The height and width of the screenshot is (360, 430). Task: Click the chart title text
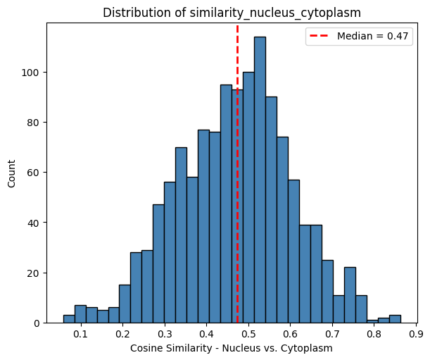pyautogui.click(x=237, y=12)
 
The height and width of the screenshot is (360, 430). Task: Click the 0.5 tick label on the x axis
pyautogui.click(x=248, y=334)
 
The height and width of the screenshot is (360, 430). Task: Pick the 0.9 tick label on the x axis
pyautogui.click(x=415, y=334)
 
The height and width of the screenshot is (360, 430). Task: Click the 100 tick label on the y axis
pyautogui.click(x=32, y=73)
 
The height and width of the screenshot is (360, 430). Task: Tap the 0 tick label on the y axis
pyautogui.click(x=37, y=323)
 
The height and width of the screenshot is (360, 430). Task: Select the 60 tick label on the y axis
pyautogui.click(x=34, y=173)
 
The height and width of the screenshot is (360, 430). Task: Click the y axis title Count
pyautogui.click(x=11, y=173)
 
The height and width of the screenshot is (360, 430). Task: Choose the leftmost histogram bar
pyautogui.click(x=69, y=319)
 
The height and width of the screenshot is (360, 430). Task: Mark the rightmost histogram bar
pyautogui.click(x=395, y=319)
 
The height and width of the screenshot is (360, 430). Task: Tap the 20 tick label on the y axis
pyautogui.click(x=34, y=273)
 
